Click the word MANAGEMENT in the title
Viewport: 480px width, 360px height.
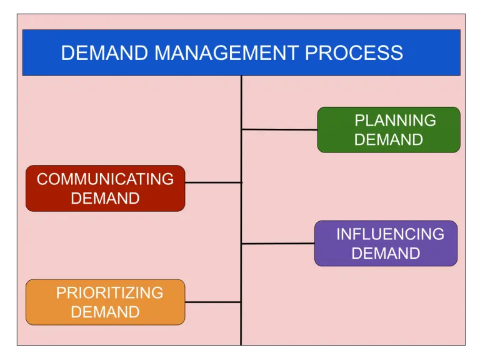point(227,53)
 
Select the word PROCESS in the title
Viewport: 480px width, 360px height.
point(354,53)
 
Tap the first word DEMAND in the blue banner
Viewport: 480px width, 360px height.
point(106,53)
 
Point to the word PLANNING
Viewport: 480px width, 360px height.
point(395,121)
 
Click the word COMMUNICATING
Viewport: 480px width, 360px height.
point(105,179)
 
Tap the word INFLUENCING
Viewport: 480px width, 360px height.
point(390,234)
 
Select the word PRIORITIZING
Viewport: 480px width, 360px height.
point(109,292)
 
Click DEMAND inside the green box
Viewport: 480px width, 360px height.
point(388,140)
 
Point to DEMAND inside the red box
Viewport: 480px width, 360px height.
point(105,199)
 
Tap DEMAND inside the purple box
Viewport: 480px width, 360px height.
point(386,253)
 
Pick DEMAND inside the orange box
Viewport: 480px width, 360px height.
point(105,312)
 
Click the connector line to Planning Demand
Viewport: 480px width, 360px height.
point(279,129)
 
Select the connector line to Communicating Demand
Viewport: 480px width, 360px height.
point(213,182)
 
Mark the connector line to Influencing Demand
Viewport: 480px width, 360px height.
point(277,243)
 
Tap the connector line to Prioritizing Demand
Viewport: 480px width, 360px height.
point(213,302)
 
